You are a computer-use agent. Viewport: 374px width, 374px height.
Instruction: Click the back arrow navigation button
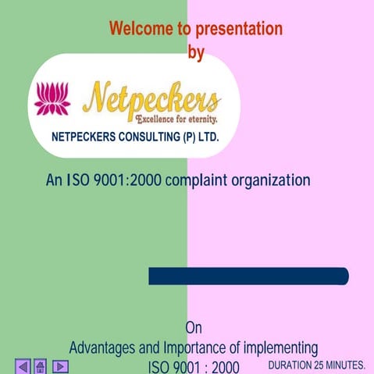pyautogui.click(x=23, y=365)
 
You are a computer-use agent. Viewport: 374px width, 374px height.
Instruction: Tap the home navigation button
pyautogui.click(x=41, y=365)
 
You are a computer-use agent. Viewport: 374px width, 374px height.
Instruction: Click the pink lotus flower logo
pyautogui.click(x=52, y=98)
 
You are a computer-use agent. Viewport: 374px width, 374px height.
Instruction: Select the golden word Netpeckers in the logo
pyautogui.click(x=151, y=98)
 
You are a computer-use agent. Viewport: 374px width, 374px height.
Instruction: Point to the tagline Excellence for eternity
pyautogui.click(x=176, y=119)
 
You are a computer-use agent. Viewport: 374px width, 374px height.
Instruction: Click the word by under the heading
pyautogui.click(x=197, y=52)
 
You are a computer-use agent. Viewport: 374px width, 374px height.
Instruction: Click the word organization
pyautogui.click(x=269, y=180)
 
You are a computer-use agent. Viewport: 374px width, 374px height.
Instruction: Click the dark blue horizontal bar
pyautogui.click(x=248, y=276)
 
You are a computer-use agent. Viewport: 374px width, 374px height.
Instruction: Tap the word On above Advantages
pyautogui.click(x=194, y=328)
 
